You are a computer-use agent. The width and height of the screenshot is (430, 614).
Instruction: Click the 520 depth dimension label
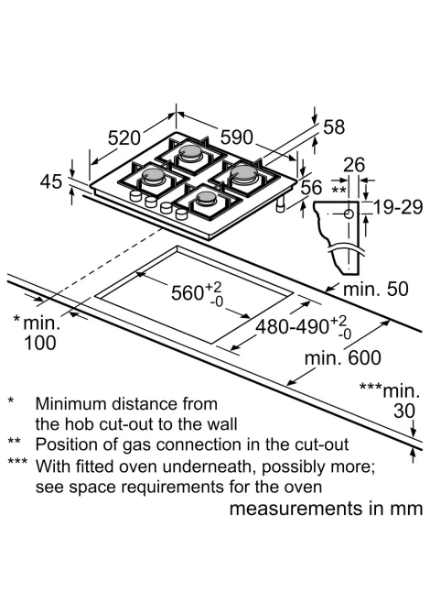coord(124,137)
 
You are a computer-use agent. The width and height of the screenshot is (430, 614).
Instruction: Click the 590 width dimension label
coord(237,137)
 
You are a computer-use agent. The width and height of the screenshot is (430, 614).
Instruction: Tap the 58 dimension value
coord(334,127)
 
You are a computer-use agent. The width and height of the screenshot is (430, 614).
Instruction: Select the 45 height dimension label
coord(51,181)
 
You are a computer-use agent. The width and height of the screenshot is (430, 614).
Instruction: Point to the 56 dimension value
coord(312,188)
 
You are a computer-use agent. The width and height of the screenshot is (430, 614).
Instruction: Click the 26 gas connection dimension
coord(354,165)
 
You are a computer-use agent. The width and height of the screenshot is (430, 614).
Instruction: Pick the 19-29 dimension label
coord(398,207)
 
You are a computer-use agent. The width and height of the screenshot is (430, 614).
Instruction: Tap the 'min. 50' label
coord(375,289)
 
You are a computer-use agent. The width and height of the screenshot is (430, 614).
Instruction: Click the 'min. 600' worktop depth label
coord(343,358)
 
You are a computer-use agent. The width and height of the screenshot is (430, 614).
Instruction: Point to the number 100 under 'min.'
coord(40,343)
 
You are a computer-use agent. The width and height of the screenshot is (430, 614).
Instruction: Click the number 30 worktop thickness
coord(404,411)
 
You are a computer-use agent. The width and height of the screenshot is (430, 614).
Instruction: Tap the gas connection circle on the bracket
coord(349,214)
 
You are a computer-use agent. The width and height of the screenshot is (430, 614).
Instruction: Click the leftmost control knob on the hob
coord(135,196)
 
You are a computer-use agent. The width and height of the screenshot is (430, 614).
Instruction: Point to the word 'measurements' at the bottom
coord(296,509)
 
